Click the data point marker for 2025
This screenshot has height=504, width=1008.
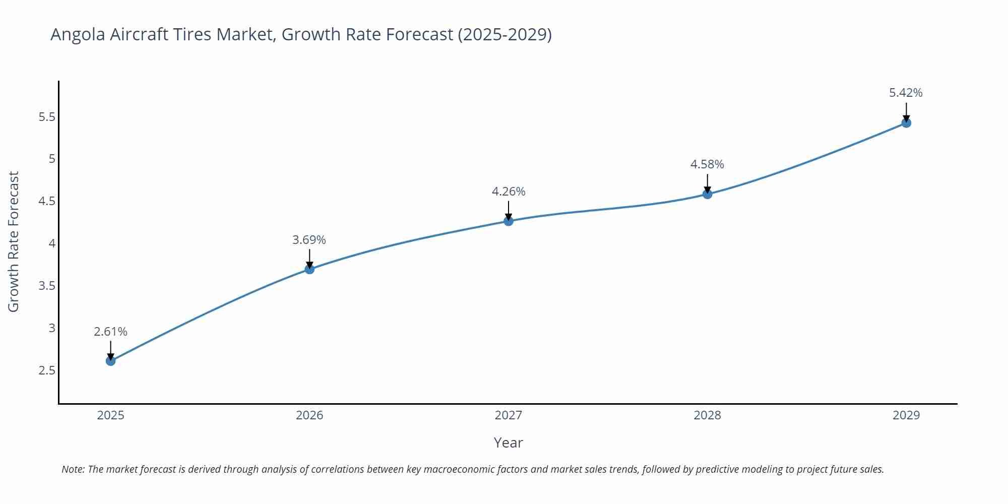111,361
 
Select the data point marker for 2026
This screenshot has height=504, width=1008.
309,269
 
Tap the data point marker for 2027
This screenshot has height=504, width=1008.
509,221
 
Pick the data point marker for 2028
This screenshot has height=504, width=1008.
707,194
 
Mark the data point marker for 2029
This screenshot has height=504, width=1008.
906,122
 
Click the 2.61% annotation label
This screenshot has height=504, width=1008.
111,332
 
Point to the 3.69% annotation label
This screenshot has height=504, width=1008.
309,240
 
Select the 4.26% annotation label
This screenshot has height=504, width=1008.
509,192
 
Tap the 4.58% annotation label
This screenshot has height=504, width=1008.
707,164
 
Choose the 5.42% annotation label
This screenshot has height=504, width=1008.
906,93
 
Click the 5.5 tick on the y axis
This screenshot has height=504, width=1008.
47,117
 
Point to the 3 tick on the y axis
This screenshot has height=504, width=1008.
52,328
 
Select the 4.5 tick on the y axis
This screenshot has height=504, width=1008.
47,201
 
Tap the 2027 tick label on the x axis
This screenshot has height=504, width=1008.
509,415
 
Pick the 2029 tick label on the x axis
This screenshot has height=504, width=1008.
906,415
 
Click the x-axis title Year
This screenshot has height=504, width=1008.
508,443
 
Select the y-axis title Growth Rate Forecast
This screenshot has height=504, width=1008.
14,241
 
